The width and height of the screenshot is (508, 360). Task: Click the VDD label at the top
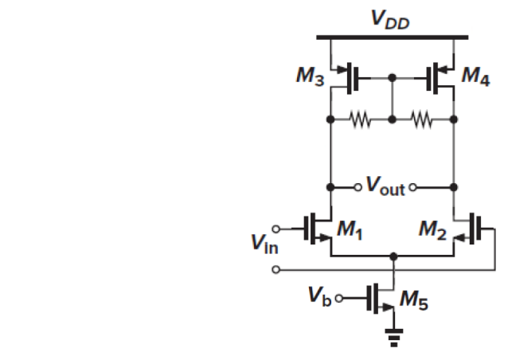pyautogui.click(x=392, y=20)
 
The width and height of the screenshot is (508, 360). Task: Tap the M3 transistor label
pyautogui.click(x=308, y=77)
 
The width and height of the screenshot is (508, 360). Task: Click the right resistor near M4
pyautogui.click(x=423, y=122)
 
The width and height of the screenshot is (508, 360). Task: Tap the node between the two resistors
pyautogui.click(x=393, y=122)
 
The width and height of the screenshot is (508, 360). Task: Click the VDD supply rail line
pyautogui.click(x=392, y=37)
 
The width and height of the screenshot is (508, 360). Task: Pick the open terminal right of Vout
pyautogui.click(x=415, y=188)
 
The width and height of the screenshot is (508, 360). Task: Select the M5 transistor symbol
pyautogui.click(x=381, y=299)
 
